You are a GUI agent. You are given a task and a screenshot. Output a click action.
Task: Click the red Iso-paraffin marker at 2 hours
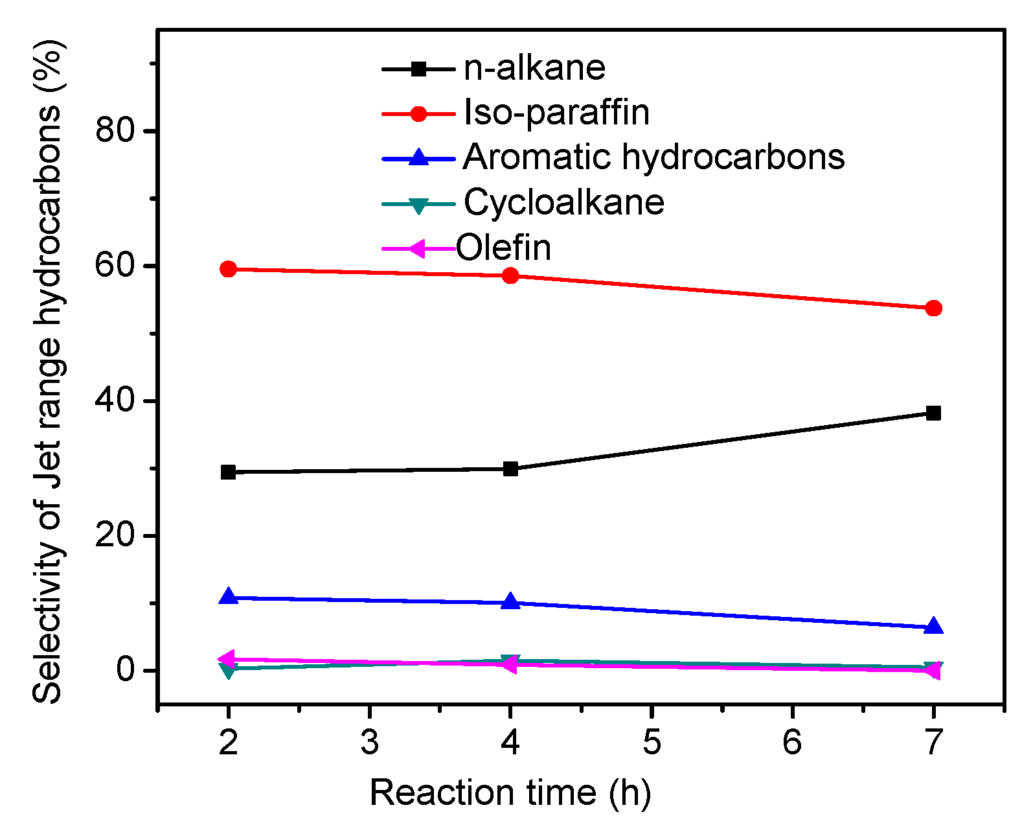click(x=228, y=269)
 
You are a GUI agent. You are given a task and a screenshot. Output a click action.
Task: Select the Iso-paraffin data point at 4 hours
click(x=510, y=275)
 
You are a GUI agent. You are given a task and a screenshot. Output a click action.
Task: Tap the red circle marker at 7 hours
click(x=933, y=308)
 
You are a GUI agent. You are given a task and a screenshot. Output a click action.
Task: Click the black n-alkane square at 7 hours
click(x=933, y=413)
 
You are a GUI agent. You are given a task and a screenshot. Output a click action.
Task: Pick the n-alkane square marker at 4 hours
click(x=510, y=469)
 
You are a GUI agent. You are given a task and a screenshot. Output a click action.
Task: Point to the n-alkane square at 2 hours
click(x=228, y=472)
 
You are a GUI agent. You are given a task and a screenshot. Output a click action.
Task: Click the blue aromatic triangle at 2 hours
click(x=228, y=597)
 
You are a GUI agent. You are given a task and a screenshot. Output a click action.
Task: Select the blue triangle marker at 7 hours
click(x=933, y=626)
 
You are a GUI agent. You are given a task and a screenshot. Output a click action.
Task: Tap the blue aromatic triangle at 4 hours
click(x=510, y=601)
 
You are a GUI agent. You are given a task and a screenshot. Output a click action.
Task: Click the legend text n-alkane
click(x=534, y=68)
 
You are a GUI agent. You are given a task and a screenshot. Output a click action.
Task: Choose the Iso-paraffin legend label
click(x=556, y=113)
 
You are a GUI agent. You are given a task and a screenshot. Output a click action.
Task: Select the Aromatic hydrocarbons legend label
click(x=653, y=157)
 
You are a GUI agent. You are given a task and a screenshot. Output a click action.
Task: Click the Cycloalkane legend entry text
click(x=563, y=202)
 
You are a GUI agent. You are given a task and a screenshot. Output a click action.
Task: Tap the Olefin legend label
click(x=503, y=248)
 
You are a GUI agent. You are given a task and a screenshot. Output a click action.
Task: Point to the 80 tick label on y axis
click(x=115, y=131)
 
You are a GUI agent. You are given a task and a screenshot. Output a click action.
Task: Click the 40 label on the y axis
click(x=115, y=401)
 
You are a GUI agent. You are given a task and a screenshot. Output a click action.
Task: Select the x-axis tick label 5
click(x=652, y=742)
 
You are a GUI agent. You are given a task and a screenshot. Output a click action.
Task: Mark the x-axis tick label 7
click(x=933, y=742)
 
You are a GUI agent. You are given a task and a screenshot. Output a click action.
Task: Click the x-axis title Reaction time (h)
click(x=510, y=793)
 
